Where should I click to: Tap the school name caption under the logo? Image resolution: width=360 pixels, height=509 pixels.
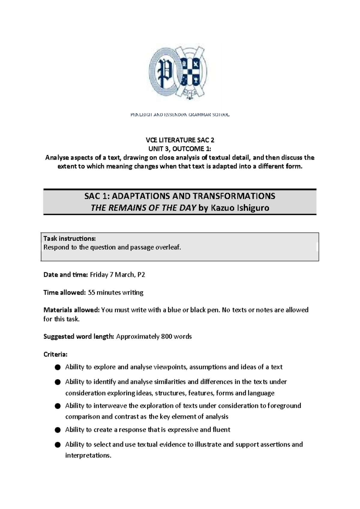point(180,115)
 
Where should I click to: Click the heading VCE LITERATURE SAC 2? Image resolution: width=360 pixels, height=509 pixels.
point(180,140)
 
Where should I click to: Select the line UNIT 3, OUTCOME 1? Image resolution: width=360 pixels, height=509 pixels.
point(180,149)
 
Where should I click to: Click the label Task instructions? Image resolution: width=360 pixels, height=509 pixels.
point(70,239)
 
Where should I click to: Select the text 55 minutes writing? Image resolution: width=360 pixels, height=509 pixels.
point(115,292)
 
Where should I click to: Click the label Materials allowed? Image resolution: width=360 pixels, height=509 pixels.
point(71,310)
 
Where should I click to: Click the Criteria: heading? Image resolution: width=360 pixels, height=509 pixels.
point(55,354)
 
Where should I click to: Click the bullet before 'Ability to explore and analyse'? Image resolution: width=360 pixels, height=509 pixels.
point(58,367)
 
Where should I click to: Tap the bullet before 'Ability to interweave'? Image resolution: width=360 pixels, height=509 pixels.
point(58,406)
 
